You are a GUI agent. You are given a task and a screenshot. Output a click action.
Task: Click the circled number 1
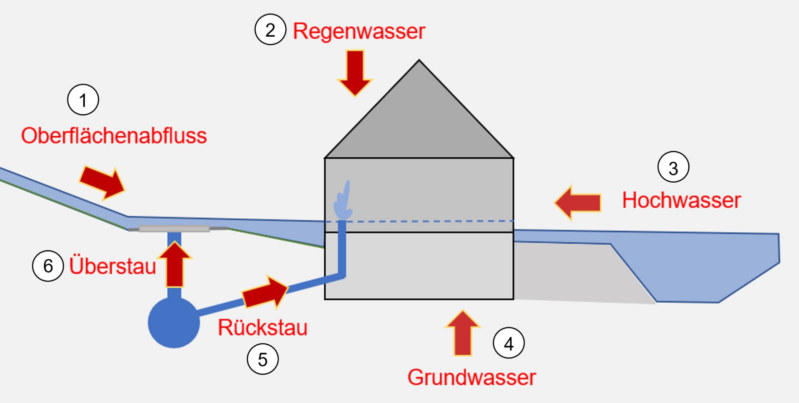pos(83,100)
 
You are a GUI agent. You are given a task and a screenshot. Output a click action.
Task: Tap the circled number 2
pos(270,29)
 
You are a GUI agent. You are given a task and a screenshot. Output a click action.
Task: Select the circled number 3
pos(673,167)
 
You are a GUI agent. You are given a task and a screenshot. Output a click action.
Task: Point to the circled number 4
pos(509,343)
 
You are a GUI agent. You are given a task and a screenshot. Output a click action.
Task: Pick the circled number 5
pos(263,359)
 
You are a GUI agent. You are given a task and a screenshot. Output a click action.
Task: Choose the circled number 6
pos(48,266)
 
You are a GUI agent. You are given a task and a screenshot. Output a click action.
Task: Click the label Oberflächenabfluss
pos(114,136)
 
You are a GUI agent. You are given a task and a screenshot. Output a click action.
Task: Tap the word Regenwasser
pos(359,32)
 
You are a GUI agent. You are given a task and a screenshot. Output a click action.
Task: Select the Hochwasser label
pos(682,200)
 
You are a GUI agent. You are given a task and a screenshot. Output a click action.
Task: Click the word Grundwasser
pos(472,377)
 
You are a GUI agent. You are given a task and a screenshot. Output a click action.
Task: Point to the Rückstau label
pos(263,328)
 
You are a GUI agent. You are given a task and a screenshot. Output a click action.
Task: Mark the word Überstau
pos(113,266)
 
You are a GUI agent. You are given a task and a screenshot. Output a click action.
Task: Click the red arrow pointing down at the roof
pos(355,73)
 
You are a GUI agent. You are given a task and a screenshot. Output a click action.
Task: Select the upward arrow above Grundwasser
pos(463,333)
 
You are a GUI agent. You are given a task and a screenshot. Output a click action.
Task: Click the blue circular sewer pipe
pos(174,322)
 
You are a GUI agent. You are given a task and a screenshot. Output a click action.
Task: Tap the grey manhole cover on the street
pos(174,229)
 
